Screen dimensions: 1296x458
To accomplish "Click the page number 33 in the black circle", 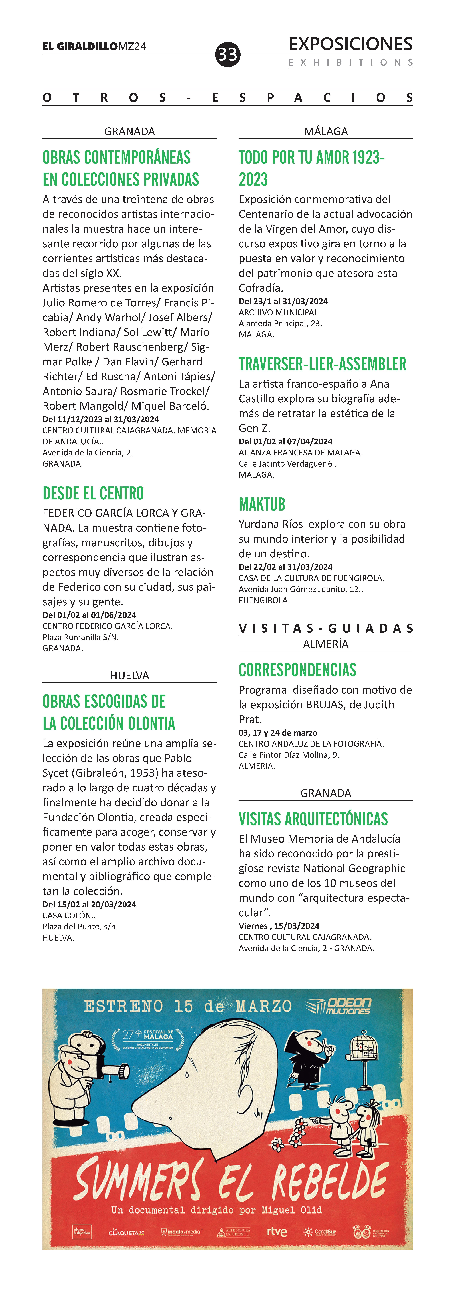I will tap(228, 54).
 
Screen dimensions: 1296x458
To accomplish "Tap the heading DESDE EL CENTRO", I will tap(93, 493).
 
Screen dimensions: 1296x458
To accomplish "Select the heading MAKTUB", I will tap(262, 504).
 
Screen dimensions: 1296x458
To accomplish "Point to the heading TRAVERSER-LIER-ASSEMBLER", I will tap(322, 364).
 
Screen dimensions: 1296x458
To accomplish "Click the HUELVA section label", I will tap(130, 675).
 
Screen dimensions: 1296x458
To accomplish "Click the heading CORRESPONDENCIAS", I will tap(298, 670).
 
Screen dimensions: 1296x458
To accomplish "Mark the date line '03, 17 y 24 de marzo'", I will tap(278, 733).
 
